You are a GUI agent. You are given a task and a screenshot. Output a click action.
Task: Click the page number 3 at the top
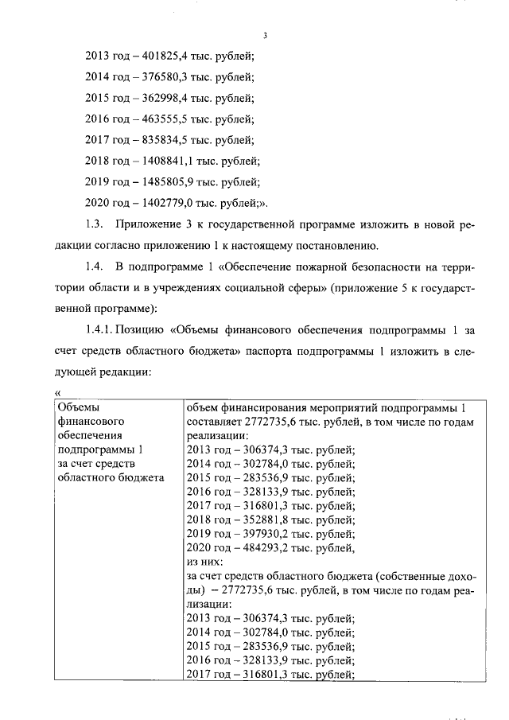pos(265,36)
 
